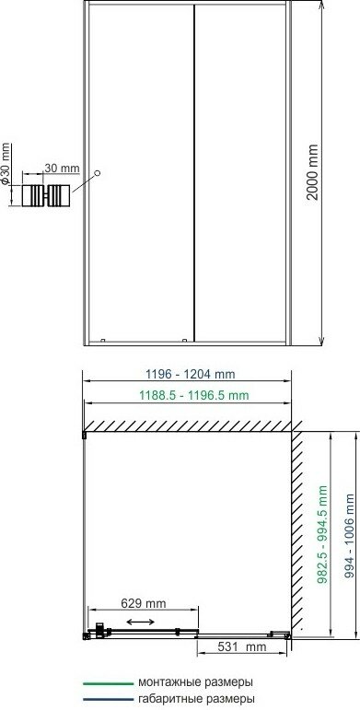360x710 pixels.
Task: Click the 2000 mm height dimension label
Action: [312, 171]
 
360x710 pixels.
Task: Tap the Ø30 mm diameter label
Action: [5, 164]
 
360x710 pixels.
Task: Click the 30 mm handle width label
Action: [62, 168]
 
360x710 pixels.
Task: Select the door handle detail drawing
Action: [46, 196]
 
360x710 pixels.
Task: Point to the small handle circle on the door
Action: [97, 173]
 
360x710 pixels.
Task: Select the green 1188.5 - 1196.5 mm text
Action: [194, 395]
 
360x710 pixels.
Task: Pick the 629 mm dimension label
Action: [144, 603]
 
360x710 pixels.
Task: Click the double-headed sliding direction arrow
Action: [140, 623]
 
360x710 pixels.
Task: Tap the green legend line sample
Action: [108, 682]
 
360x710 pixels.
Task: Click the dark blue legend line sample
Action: [108, 699]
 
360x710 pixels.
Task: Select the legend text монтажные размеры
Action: [195, 682]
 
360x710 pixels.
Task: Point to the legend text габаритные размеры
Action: [196, 699]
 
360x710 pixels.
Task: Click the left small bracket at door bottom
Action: [102, 340]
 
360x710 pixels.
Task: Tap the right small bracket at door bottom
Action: [184, 340]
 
